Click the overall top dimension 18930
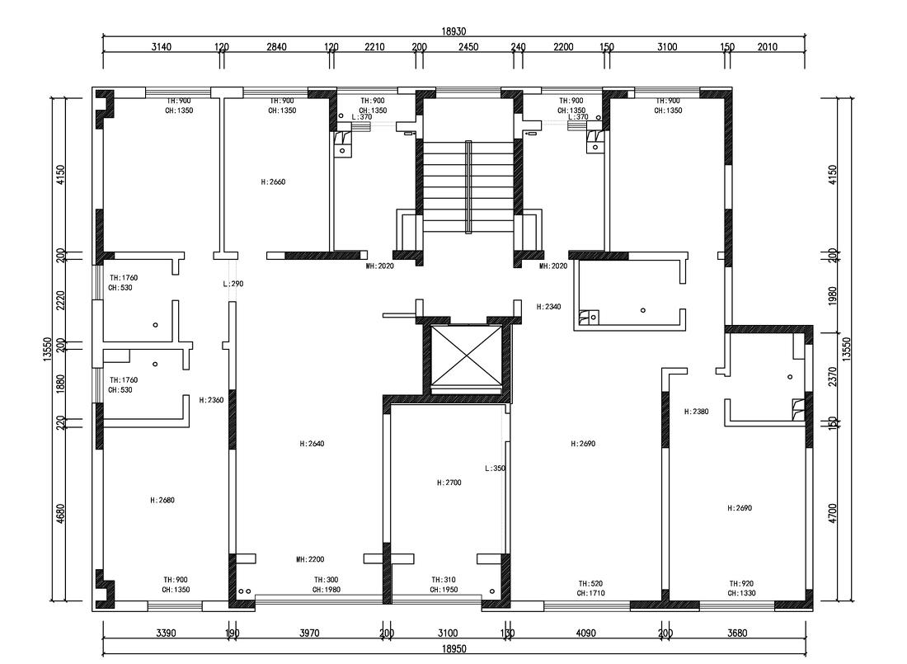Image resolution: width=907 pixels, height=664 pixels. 454,32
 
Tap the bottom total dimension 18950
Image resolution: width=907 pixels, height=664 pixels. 454,649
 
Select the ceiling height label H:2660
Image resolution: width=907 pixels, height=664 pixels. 273,181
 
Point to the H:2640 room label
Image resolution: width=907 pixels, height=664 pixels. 312,444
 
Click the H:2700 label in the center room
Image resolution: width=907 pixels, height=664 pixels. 449,483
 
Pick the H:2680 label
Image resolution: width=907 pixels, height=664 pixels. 162,500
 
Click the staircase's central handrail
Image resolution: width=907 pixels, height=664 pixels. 468,186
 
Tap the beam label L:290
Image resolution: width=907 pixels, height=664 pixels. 233,284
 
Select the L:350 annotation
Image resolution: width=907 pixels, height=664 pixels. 496,469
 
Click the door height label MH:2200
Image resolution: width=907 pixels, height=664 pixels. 310,559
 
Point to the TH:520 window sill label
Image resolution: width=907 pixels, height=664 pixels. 590,583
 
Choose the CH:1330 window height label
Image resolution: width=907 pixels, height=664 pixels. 741,593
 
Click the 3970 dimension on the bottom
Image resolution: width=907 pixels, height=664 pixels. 309,633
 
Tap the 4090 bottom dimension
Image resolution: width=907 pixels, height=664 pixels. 585,633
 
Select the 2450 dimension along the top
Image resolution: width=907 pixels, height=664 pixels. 468,47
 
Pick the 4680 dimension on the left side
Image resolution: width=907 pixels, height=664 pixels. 61,514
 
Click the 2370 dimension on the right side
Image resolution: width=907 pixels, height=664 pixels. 833,377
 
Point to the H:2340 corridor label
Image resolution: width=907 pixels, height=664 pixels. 548,307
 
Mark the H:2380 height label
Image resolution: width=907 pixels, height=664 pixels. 697,412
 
